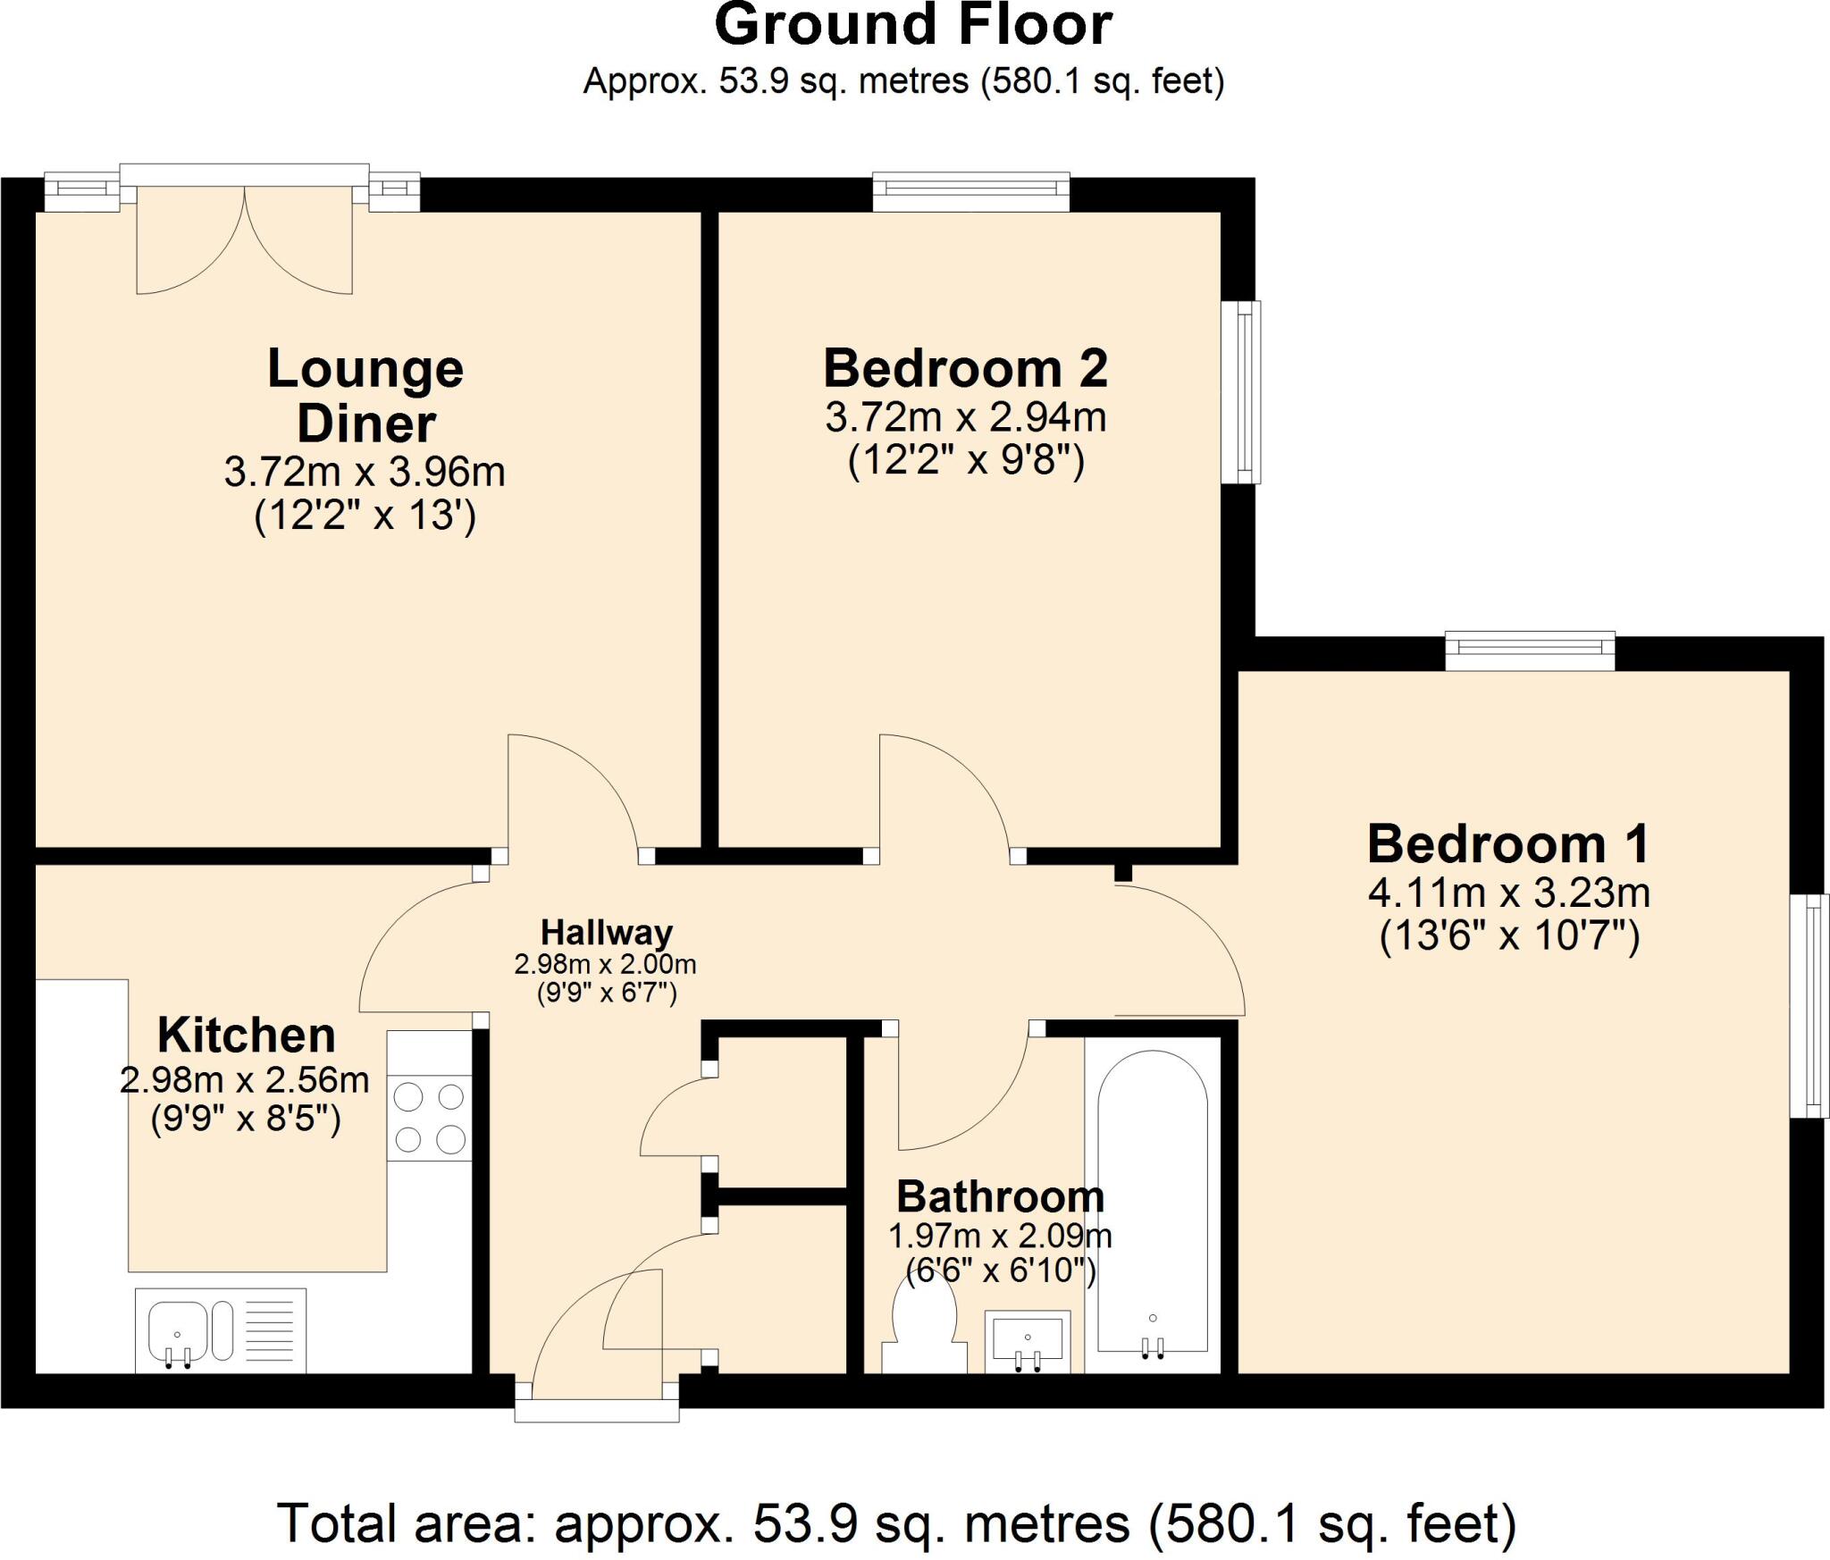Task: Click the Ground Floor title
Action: coord(913,25)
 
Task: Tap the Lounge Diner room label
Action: coord(365,395)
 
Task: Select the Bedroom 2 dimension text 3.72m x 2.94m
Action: coord(965,417)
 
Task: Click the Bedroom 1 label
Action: coord(1508,844)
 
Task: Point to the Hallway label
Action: coord(607,933)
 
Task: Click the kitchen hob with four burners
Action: coord(429,1117)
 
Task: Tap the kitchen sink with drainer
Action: coord(220,1329)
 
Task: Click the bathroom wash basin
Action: coord(1028,1340)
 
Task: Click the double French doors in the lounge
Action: coord(244,237)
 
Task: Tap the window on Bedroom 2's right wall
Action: coord(1241,391)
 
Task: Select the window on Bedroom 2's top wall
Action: coord(971,191)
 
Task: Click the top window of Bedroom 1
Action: coord(1530,650)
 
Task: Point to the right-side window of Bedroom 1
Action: coord(1809,1005)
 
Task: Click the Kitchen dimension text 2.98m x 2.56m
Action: coord(244,1081)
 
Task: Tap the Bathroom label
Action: coord(1000,1197)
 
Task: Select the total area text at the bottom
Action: coord(896,1524)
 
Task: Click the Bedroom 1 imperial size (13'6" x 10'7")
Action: coord(1509,937)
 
